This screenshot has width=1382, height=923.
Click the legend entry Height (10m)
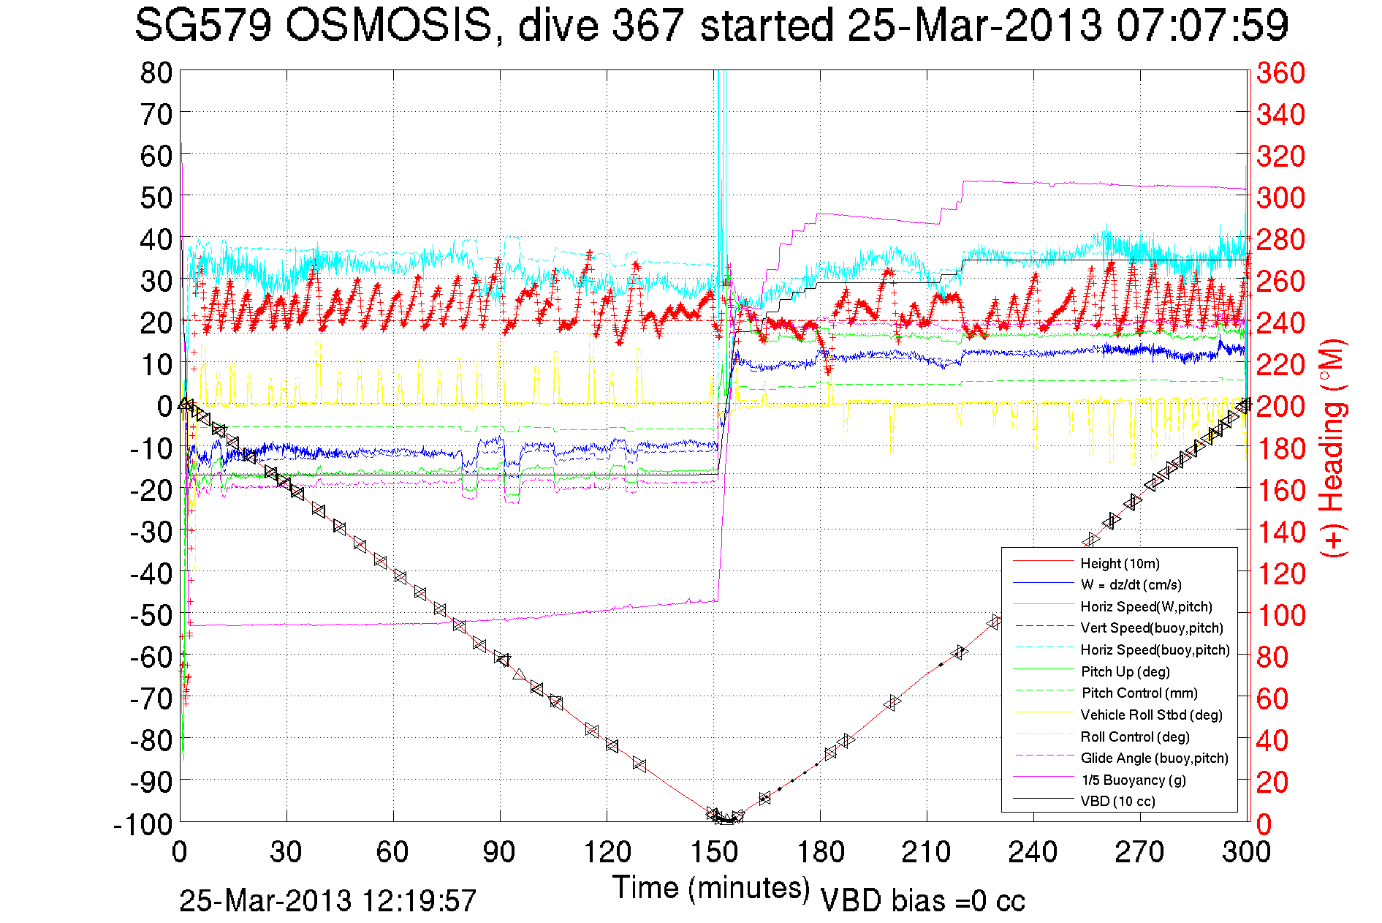[1120, 563]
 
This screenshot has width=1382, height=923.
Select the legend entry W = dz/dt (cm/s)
[1131, 584]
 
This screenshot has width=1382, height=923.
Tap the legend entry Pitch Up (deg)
[1125, 671]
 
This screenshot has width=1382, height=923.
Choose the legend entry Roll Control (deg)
[1134, 736]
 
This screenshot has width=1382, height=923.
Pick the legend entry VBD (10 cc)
[1117, 801]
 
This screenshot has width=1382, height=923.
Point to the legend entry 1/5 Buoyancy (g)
[1134, 780]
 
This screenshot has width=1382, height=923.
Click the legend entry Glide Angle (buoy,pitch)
[1154, 758]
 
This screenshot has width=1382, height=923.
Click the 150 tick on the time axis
[714, 852]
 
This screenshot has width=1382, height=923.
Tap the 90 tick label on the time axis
[500, 852]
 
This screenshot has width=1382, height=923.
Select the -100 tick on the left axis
[143, 824]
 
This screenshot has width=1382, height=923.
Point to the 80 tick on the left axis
[156, 72]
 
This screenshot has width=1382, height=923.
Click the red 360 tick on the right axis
[1280, 72]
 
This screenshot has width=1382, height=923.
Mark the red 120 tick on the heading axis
[1280, 573]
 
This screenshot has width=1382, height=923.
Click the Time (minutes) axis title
[710, 888]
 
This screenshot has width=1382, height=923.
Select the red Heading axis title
[1333, 448]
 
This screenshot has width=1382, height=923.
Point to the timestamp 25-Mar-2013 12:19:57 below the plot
[327, 900]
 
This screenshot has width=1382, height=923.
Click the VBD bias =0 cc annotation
[922, 900]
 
